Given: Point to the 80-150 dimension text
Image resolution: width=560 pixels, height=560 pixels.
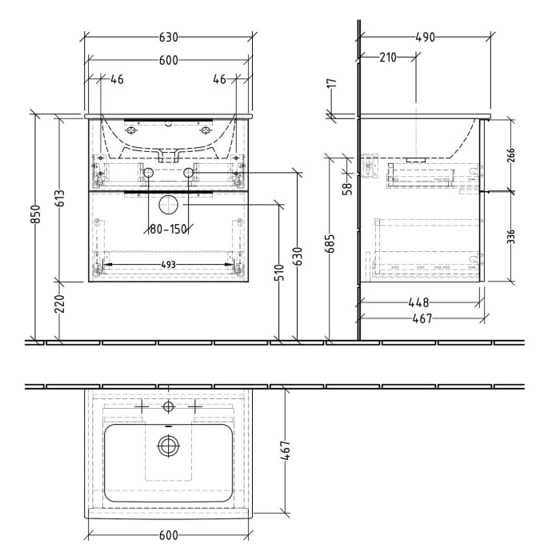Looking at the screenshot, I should click(x=167, y=230).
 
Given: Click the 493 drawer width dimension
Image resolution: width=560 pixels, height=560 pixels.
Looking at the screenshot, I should click(x=168, y=265).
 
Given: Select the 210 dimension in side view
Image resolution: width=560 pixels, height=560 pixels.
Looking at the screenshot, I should click(x=388, y=57).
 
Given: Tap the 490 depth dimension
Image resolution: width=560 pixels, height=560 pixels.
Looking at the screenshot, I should click(x=424, y=38).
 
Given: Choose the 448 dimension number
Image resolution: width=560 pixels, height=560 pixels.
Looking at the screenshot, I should click(x=419, y=302).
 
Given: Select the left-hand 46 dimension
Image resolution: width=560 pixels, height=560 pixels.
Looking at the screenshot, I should click(x=117, y=78).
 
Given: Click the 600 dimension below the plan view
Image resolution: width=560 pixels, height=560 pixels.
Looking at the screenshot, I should click(x=169, y=535).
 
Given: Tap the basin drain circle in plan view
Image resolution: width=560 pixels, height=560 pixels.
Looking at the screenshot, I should click(x=168, y=447).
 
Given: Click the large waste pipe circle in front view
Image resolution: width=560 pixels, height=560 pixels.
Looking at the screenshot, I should click(x=168, y=206).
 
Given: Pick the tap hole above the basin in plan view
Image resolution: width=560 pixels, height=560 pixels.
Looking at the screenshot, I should click(x=168, y=406).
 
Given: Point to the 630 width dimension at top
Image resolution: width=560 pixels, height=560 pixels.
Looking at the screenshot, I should click(x=168, y=38).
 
